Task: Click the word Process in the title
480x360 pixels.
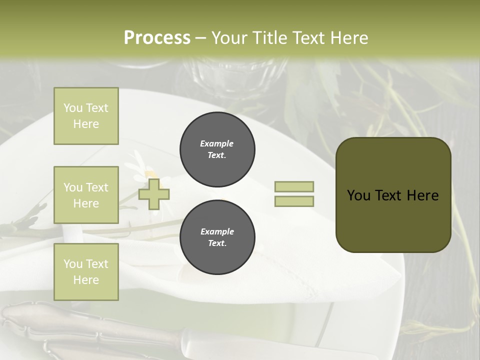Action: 157,38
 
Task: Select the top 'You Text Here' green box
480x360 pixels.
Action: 86,116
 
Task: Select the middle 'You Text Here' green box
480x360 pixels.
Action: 86,195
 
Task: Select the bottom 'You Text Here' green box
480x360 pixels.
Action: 86,272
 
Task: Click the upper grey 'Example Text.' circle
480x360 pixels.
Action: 217,149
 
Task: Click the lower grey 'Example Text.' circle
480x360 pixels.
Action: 217,237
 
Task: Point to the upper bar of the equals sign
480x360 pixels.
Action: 294,186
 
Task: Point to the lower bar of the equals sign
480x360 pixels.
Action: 294,201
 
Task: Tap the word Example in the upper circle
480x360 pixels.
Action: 217,143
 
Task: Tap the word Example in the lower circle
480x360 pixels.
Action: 217,231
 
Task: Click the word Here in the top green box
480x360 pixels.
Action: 86,124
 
